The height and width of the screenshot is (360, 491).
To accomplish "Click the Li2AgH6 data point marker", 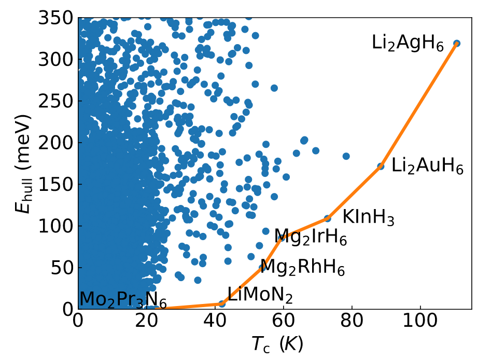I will point(456,44).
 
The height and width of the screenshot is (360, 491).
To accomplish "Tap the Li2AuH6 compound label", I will point(427,167).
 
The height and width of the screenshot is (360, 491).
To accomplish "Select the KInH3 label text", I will point(368,219).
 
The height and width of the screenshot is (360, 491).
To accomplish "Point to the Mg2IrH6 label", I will point(310,238).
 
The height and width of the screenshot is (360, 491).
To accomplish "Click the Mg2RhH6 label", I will point(302,268).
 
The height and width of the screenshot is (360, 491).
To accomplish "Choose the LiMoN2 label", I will point(260,296).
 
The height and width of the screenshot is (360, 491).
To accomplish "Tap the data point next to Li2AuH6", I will point(381,167).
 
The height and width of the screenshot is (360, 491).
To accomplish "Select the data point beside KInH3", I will point(327,218).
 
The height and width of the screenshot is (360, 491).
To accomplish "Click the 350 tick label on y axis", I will point(56,19).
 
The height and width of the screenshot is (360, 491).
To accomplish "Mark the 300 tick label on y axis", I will point(56,60).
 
